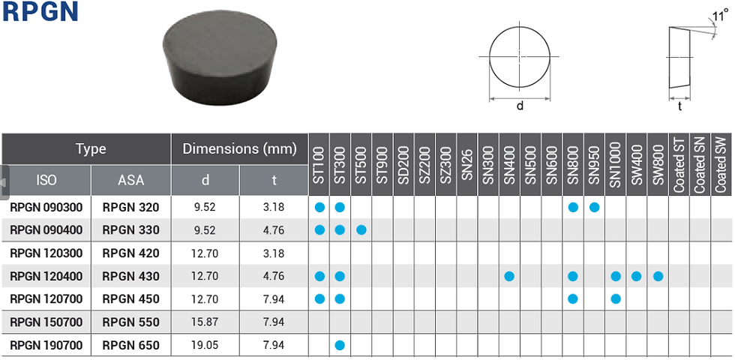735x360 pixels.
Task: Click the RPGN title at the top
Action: tap(40, 12)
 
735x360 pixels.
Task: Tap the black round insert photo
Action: tap(219, 59)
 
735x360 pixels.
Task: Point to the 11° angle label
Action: tap(720, 16)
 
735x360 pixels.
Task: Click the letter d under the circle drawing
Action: tap(520, 106)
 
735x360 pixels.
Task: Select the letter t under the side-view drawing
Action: tap(679, 106)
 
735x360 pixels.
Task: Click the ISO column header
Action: tap(46, 180)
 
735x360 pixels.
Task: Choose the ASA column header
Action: tap(130, 180)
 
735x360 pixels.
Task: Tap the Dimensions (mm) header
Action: tap(239, 149)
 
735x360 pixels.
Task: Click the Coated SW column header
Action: tap(721, 164)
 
